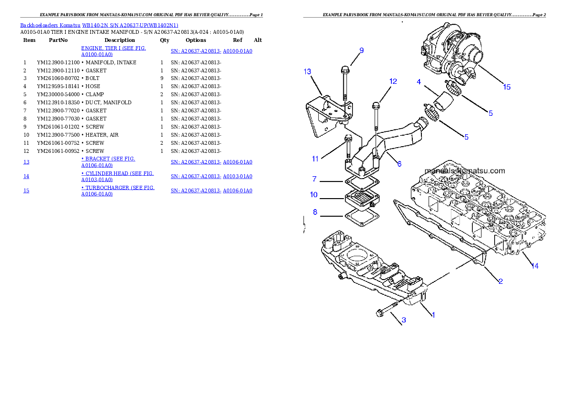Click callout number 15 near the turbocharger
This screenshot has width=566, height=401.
coord(507,87)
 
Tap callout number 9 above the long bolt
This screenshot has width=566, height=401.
coord(361,50)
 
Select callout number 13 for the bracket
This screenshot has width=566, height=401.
coord(307,71)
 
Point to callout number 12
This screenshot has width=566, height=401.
coord(393,81)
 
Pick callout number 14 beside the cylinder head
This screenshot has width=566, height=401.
coord(535,266)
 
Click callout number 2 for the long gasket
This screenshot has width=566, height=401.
coord(500,281)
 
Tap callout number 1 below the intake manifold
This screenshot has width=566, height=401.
coord(433,314)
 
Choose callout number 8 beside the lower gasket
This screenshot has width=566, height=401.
coord(315,212)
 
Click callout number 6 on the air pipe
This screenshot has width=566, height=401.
coord(399,163)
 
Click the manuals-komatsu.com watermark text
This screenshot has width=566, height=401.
coord(464,170)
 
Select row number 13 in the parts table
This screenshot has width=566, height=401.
coord(26,162)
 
